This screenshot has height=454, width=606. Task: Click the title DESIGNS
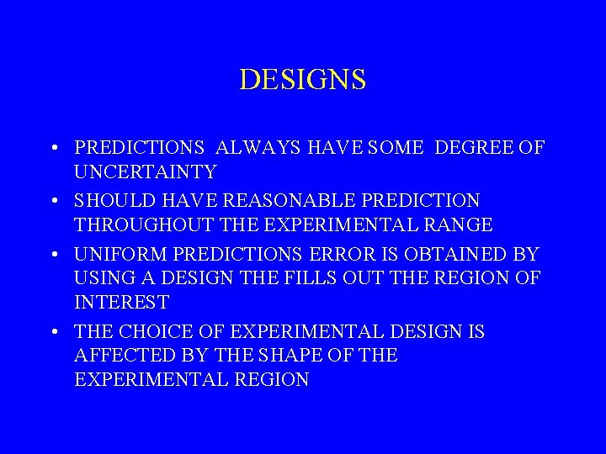pos(303,79)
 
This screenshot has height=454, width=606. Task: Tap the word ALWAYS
pos(253,148)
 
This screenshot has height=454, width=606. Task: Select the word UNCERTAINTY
pos(146,172)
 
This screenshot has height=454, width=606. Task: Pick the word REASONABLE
pos(277,201)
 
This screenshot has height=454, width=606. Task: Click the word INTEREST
pos(122,301)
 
